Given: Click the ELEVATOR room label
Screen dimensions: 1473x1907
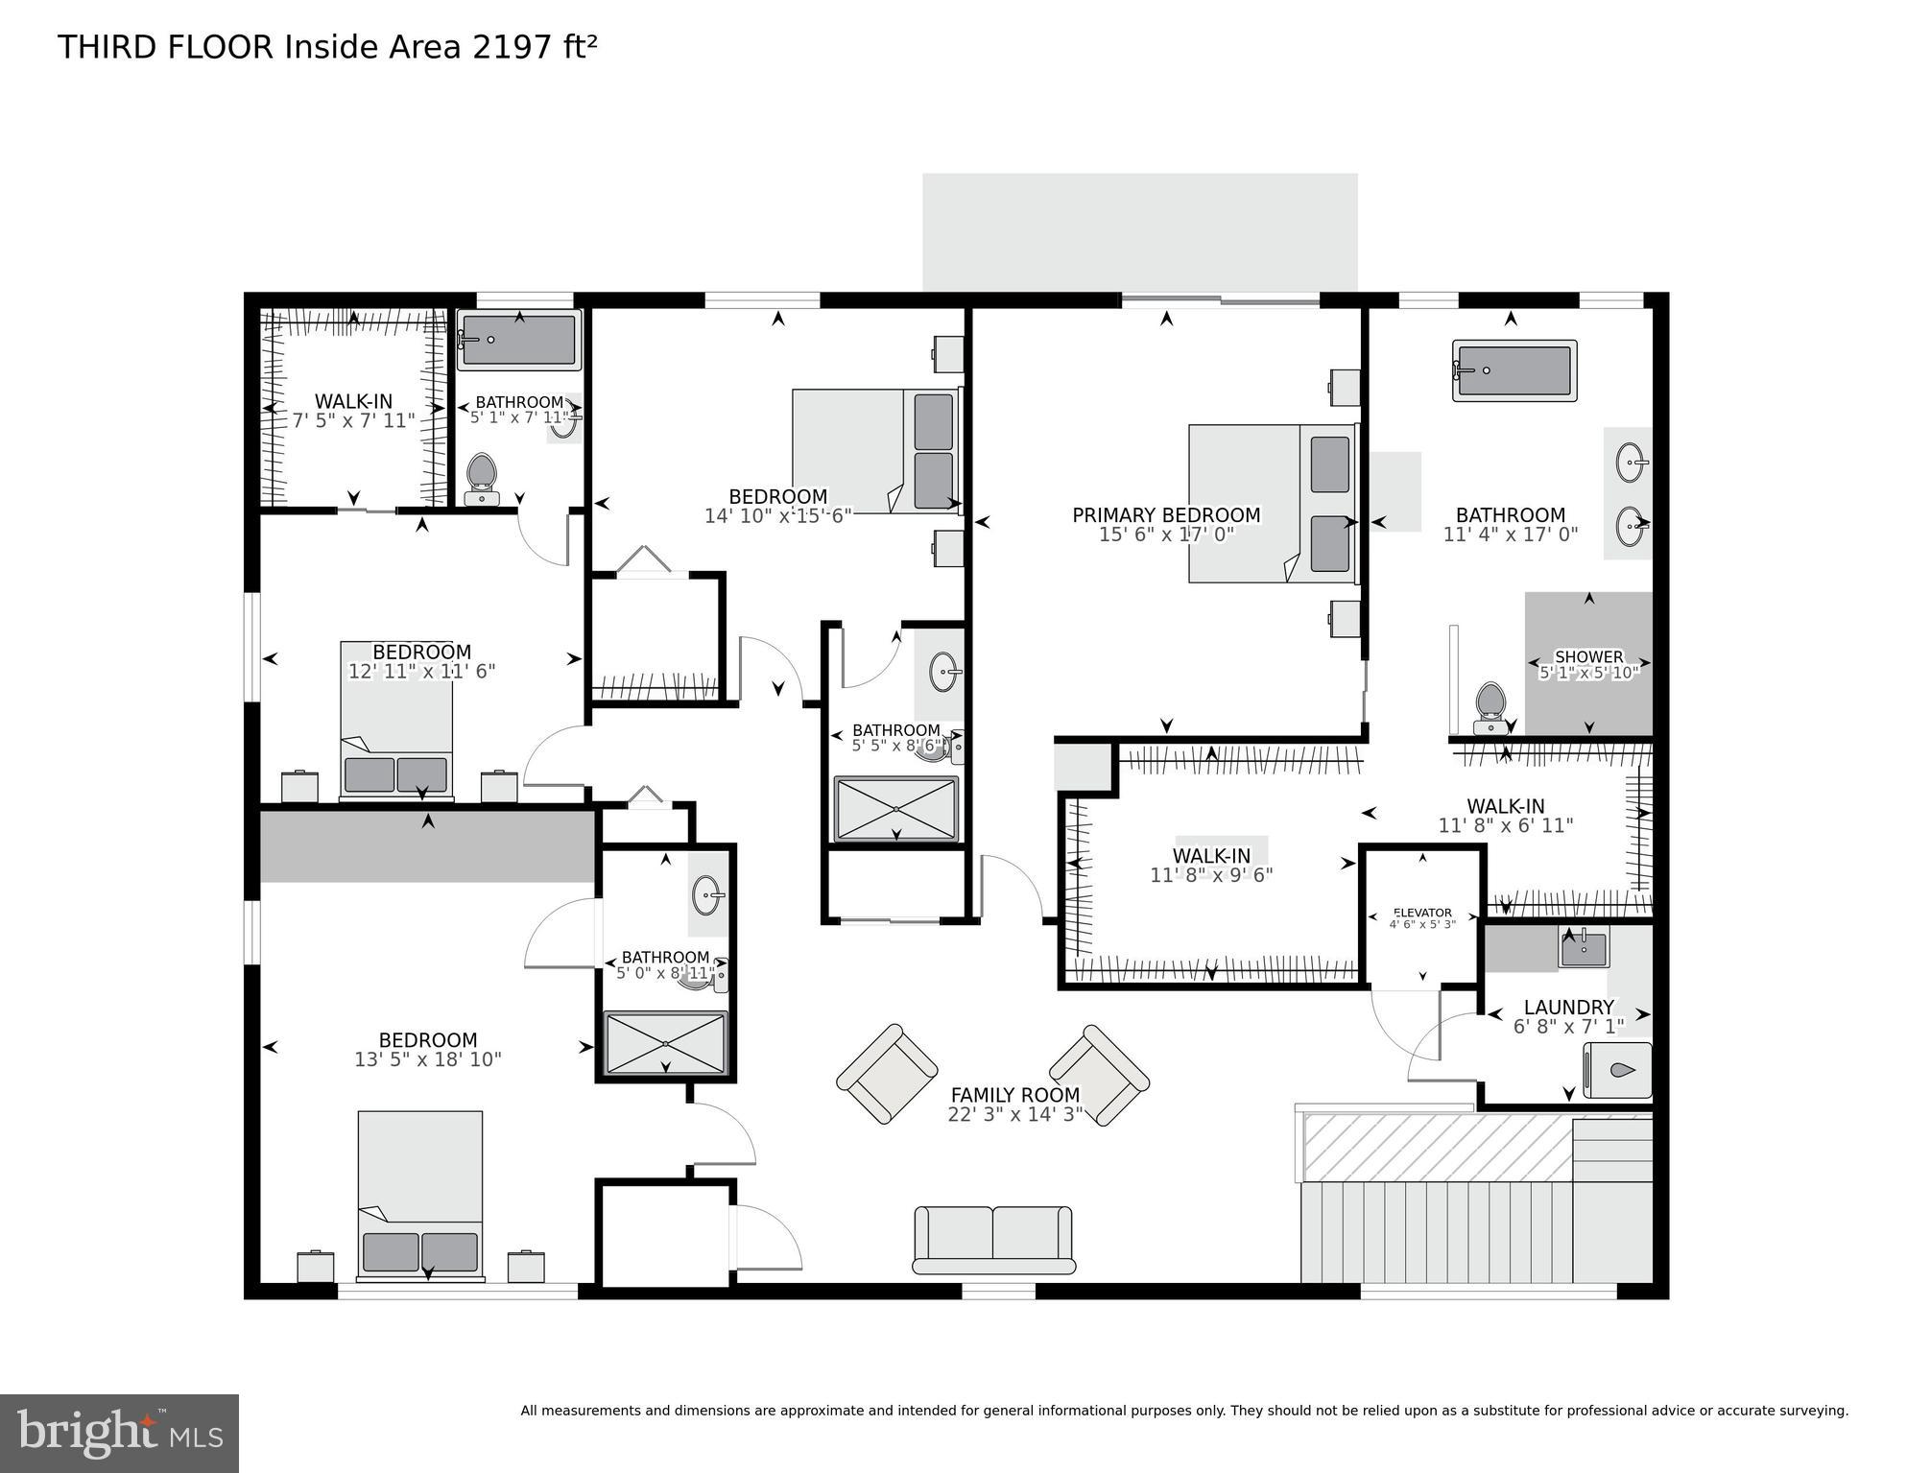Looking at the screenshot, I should [1422, 913].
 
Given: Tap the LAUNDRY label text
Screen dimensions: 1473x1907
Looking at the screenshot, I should [1568, 1007].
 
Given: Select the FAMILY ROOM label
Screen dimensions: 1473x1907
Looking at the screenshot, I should [1014, 1094].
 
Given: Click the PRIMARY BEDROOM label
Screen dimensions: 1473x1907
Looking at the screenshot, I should [1166, 515].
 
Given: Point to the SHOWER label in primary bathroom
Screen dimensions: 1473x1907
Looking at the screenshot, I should [1588, 656].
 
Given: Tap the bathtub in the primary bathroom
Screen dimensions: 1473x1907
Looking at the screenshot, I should [1514, 370].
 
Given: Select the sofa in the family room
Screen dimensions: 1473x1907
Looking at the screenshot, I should [992, 1239].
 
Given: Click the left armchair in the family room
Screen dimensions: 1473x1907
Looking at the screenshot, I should [887, 1073].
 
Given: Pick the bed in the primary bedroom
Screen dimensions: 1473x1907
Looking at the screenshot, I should [1272, 503].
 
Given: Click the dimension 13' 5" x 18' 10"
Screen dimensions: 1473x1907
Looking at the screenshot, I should [427, 1059].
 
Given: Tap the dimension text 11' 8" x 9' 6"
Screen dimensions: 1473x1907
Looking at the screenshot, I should [1211, 875].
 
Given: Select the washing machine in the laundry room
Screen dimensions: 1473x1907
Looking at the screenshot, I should [1617, 1070].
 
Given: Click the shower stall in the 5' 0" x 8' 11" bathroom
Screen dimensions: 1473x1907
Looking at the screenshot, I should [665, 1043].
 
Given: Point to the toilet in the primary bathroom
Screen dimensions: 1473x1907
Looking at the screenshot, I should [1490, 706].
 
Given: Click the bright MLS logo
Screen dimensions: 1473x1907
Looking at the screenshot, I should [119, 1433].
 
